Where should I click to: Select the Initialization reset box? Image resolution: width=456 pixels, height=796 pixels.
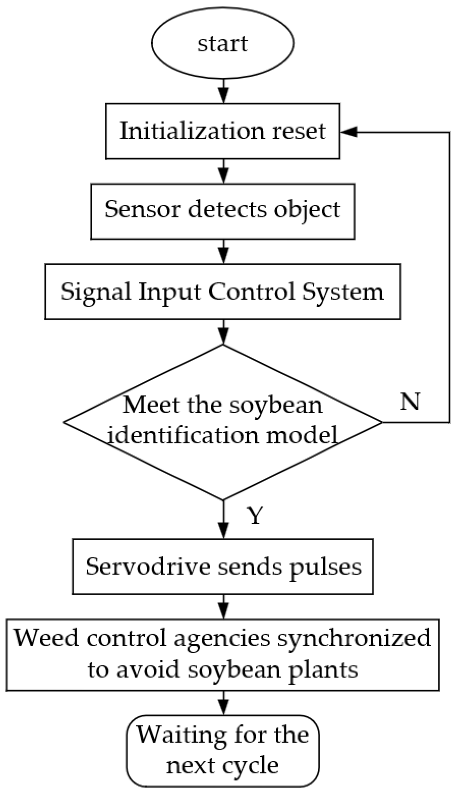pyautogui.click(x=222, y=131)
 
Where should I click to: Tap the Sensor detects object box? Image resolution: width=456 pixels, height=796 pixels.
pyautogui.click(x=222, y=211)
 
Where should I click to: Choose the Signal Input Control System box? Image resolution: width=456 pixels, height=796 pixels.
pyautogui.click(x=222, y=291)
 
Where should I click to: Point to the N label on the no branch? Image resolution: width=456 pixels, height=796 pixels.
pyautogui.click(x=409, y=401)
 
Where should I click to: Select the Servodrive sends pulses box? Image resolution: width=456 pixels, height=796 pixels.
pyautogui.click(x=222, y=567)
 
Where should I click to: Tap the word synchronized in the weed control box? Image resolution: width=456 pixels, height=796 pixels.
pyautogui.click(x=354, y=638)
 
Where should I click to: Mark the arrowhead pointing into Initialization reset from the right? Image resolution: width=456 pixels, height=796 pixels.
pyautogui.click(x=348, y=132)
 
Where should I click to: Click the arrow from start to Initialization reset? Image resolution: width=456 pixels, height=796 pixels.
pyautogui.click(x=223, y=91)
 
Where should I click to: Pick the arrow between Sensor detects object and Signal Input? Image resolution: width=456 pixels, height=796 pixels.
pyautogui.click(x=223, y=251)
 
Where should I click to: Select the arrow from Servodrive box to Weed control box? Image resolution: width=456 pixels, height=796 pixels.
pyautogui.click(x=223, y=607)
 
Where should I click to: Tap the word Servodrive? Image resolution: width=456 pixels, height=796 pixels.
pyautogui.click(x=149, y=567)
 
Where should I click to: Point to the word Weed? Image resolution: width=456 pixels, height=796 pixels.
pyautogui.click(x=46, y=638)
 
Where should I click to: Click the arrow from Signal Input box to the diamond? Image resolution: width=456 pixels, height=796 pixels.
pyautogui.click(x=223, y=332)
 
